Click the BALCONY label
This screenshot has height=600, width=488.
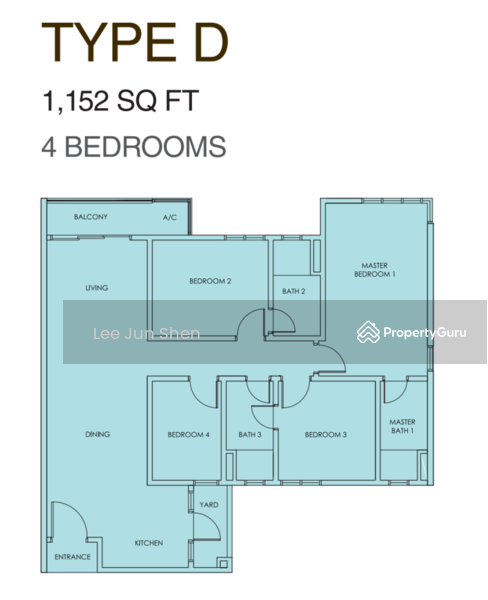pyautogui.click(x=91, y=217)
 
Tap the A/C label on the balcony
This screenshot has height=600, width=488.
pyautogui.click(x=170, y=217)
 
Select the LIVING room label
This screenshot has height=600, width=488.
pyautogui.click(x=96, y=287)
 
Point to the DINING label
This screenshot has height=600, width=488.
pyautogui.click(x=97, y=434)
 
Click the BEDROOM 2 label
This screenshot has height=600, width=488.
pyautogui.click(x=210, y=281)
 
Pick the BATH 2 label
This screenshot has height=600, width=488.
pyautogui.click(x=294, y=291)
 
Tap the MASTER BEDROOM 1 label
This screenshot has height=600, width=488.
pyautogui.click(x=375, y=270)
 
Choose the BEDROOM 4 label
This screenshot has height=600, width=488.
pyautogui.click(x=188, y=435)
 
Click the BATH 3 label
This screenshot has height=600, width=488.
pyautogui.click(x=250, y=435)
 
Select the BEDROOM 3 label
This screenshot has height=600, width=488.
pyautogui.click(x=326, y=435)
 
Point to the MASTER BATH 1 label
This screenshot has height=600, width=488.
pyautogui.click(x=402, y=426)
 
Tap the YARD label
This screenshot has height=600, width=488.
pyautogui.click(x=209, y=505)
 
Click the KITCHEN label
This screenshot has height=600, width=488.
pyautogui.click(x=149, y=543)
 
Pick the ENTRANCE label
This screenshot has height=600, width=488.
pyautogui.click(x=72, y=557)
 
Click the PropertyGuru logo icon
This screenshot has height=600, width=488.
pyautogui.click(x=368, y=332)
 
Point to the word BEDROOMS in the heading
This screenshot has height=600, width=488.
pyautogui.click(x=145, y=147)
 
